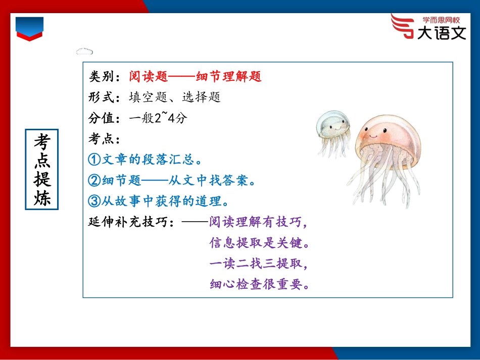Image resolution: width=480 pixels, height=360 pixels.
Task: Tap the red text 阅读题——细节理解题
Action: pyautogui.click(x=195, y=77)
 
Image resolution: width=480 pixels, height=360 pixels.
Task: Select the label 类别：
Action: pyautogui.click(x=105, y=77)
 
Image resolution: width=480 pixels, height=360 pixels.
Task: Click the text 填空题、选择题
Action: pyautogui.click(x=175, y=97)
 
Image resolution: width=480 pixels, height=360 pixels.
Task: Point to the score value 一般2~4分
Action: pyautogui.click(x=158, y=118)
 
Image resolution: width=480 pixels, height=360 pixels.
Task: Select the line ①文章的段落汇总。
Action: pyautogui.click(x=146, y=160)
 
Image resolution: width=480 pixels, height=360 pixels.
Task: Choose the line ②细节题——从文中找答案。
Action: pyautogui.click(x=172, y=180)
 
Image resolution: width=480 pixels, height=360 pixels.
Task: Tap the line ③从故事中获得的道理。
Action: pyautogui.click(x=159, y=201)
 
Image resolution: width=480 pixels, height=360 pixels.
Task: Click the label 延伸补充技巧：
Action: pyautogui.click(x=132, y=222)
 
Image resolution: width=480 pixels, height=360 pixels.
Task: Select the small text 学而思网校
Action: pyautogui.click(x=441, y=21)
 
